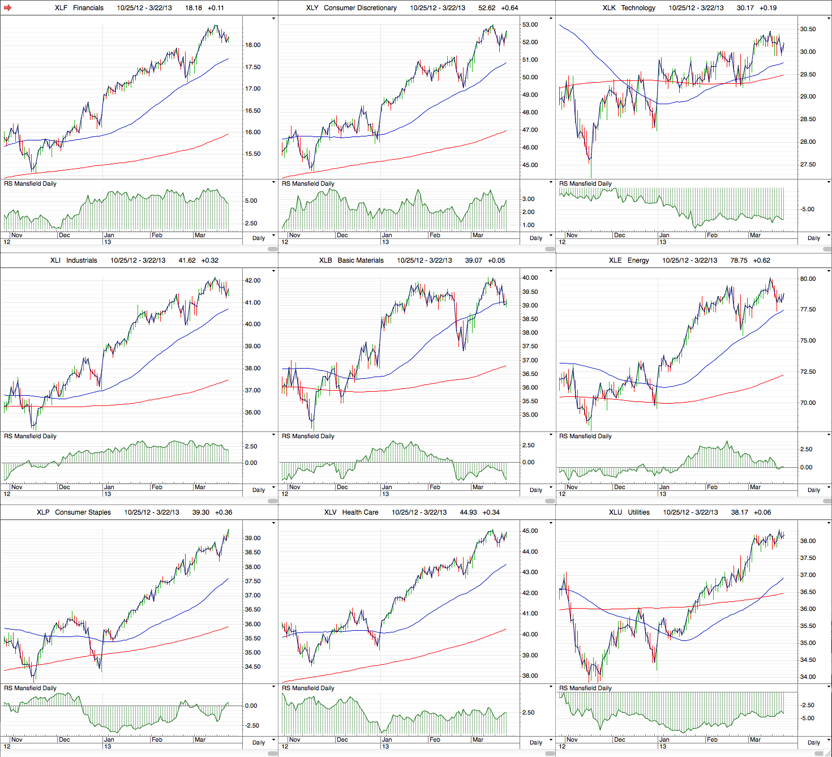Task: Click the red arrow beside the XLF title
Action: pos(7,8)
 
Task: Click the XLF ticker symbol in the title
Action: pos(62,8)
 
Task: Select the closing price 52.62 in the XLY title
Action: pos(487,8)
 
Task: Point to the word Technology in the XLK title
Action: pos(638,8)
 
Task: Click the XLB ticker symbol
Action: pos(325,260)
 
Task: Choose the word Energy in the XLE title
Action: pos(638,260)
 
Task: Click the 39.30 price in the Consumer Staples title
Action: pos(200,512)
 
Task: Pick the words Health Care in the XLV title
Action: pos(360,512)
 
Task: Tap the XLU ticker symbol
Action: pos(615,512)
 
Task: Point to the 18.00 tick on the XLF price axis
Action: pos(252,45)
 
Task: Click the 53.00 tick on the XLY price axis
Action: pos(530,25)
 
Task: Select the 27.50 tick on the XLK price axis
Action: pos(808,165)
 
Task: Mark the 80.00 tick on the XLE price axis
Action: pos(808,279)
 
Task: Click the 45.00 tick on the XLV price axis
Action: pos(530,531)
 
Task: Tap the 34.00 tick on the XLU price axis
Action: pos(808,677)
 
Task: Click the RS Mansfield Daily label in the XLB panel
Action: pos(308,436)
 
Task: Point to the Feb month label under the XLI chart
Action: pos(157,487)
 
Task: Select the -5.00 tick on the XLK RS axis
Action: pos(807,209)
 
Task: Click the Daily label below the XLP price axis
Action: pos(259,742)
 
